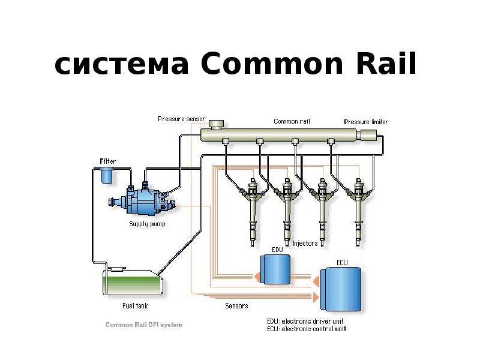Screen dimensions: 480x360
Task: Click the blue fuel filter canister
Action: (x=107, y=175)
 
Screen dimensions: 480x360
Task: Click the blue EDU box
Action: (x=275, y=269)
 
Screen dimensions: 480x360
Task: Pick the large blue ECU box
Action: (x=341, y=289)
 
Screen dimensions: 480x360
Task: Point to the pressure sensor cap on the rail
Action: (x=216, y=124)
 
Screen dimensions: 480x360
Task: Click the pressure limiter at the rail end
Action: (x=368, y=135)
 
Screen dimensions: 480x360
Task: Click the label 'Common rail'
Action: (x=292, y=121)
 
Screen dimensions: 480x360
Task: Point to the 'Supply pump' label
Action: (x=147, y=224)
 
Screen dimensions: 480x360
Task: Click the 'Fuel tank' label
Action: (x=135, y=305)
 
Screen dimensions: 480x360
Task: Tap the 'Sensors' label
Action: (x=236, y=305)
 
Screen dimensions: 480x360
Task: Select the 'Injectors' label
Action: (x=305, y=244)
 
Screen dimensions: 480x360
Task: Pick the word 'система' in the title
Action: (x=121, y=65)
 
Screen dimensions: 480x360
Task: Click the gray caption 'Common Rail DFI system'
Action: (x=144, y=325)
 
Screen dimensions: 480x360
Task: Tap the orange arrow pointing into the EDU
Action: (x=257, y=277)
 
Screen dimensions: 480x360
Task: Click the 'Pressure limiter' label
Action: (x=366, y=122)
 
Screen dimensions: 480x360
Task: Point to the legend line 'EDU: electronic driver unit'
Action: (x=305, y=322)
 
